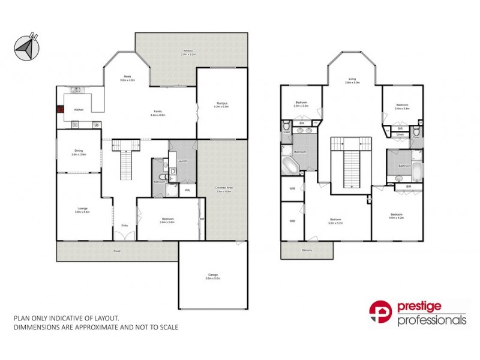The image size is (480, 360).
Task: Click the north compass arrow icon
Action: tap(25, 46)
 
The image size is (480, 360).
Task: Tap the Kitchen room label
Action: tap(79, 110)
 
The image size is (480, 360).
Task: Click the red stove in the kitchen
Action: tap(61, 110)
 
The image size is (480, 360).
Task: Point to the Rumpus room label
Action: tap(222, 104)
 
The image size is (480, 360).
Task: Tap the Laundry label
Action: tap(184, 161)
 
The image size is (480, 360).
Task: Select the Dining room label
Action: tap(79, 152)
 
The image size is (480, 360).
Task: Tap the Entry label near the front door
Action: tap(125, 225)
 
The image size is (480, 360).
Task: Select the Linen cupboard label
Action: tap(400, 135)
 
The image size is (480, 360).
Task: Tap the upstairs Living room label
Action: tap(352, 80)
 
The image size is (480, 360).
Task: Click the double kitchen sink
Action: tap(76, 91)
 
